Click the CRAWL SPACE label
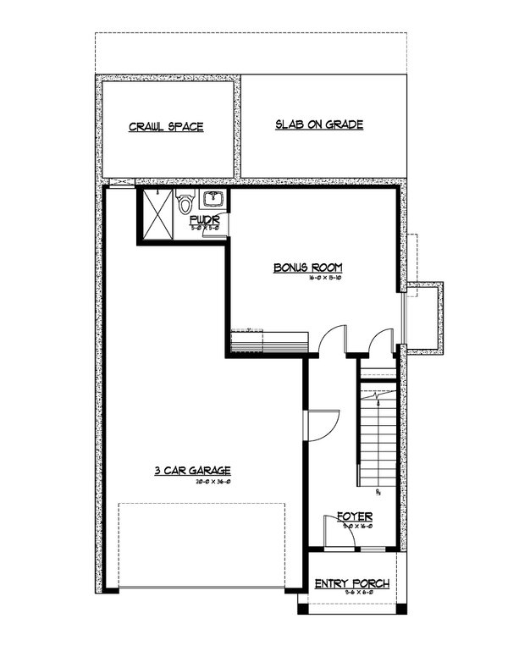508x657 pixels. pyautogui.click(x=166, y=127)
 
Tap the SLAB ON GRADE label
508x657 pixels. pyautogui.click(x=319, y=124)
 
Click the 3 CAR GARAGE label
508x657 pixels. pyautogui.click(x=193, y=471)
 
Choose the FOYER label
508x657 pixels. pyautogui.click(x=354, y=516)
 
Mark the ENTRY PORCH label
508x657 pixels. pyautogui.click(x=351, y=583)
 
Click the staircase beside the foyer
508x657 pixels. pyautogui.click(x=378, y=440)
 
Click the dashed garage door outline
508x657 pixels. pyautogui.click(x=202, y=546)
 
